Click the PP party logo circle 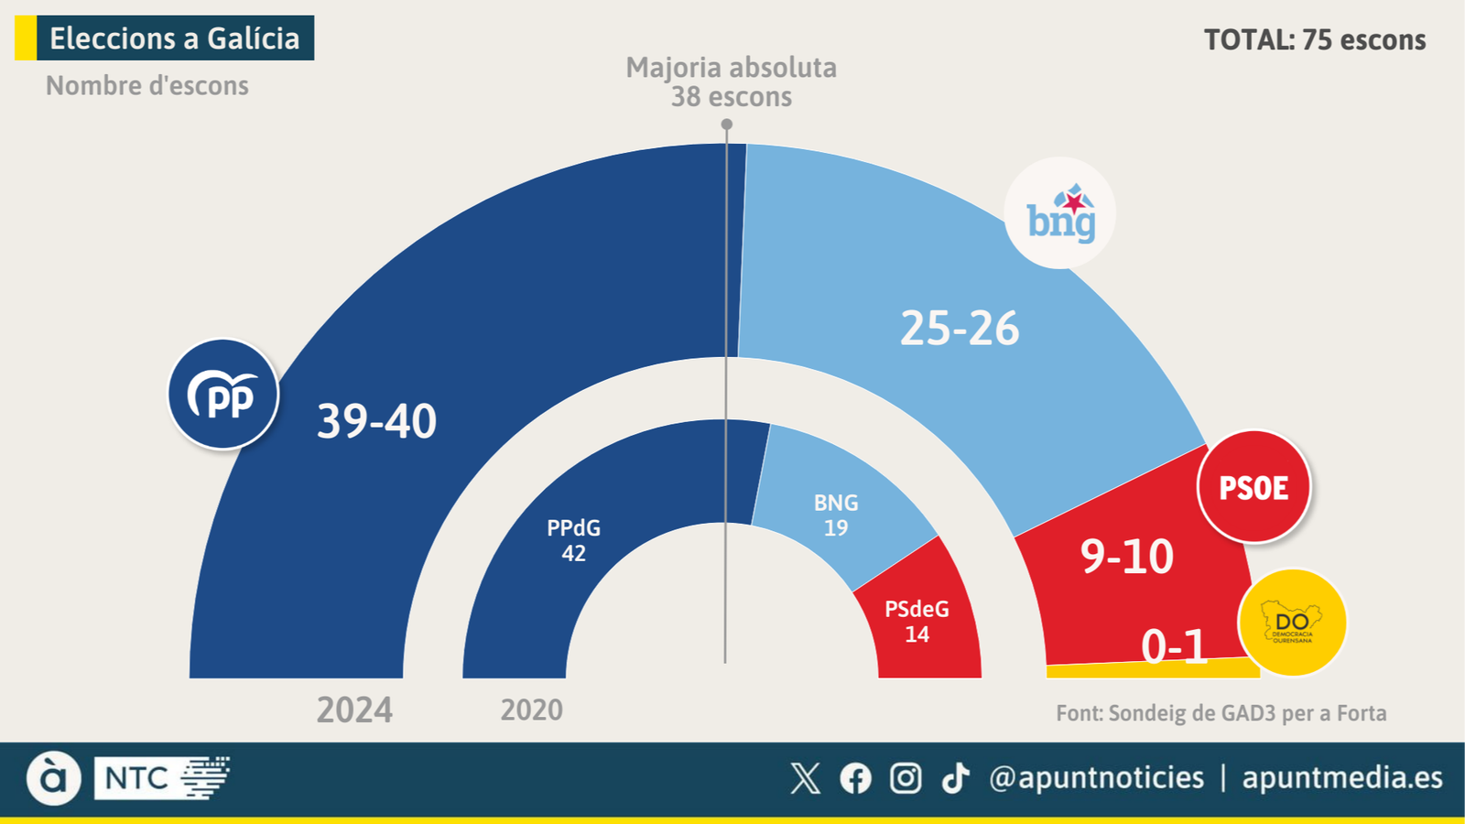pyautogui.click(x=223, y=395)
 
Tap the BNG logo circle pyautogui.click(x=1060, y=213)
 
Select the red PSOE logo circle pyautogui.click(x=1253, y=487)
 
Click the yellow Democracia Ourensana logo pyautogui.click(x=1292, y=623)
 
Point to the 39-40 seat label pyautogui.click(x=376, y=421)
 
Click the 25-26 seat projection pyautogui.click(x=960, y=329)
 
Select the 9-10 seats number pyautogui.click(x=1126, y=557)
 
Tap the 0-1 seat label pyautogui.click(x=1175, y=647)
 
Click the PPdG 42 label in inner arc pyautogui.click(x=573, y=540)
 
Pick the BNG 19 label pyautogui.click(x=836, y=515)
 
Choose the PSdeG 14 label pyautogui.click(x=917, y=622)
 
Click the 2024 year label pyautogui.click(x=354, y=710)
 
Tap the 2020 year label pyautogui.click(x=531, y=710)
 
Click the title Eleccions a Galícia pyautogui.click(x=174, y=38)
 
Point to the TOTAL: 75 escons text pyautogui.click(x=1315, y=40)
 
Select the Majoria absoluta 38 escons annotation pyautogui.click(x=731, y=82)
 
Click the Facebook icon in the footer pyautogui.click(x=856, y=778)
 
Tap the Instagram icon pyautogui.click(x=906, y=778)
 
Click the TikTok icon pyautogui.click(x=955, y=778)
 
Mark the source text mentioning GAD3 pyautogui.click(x=1221, y=713)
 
